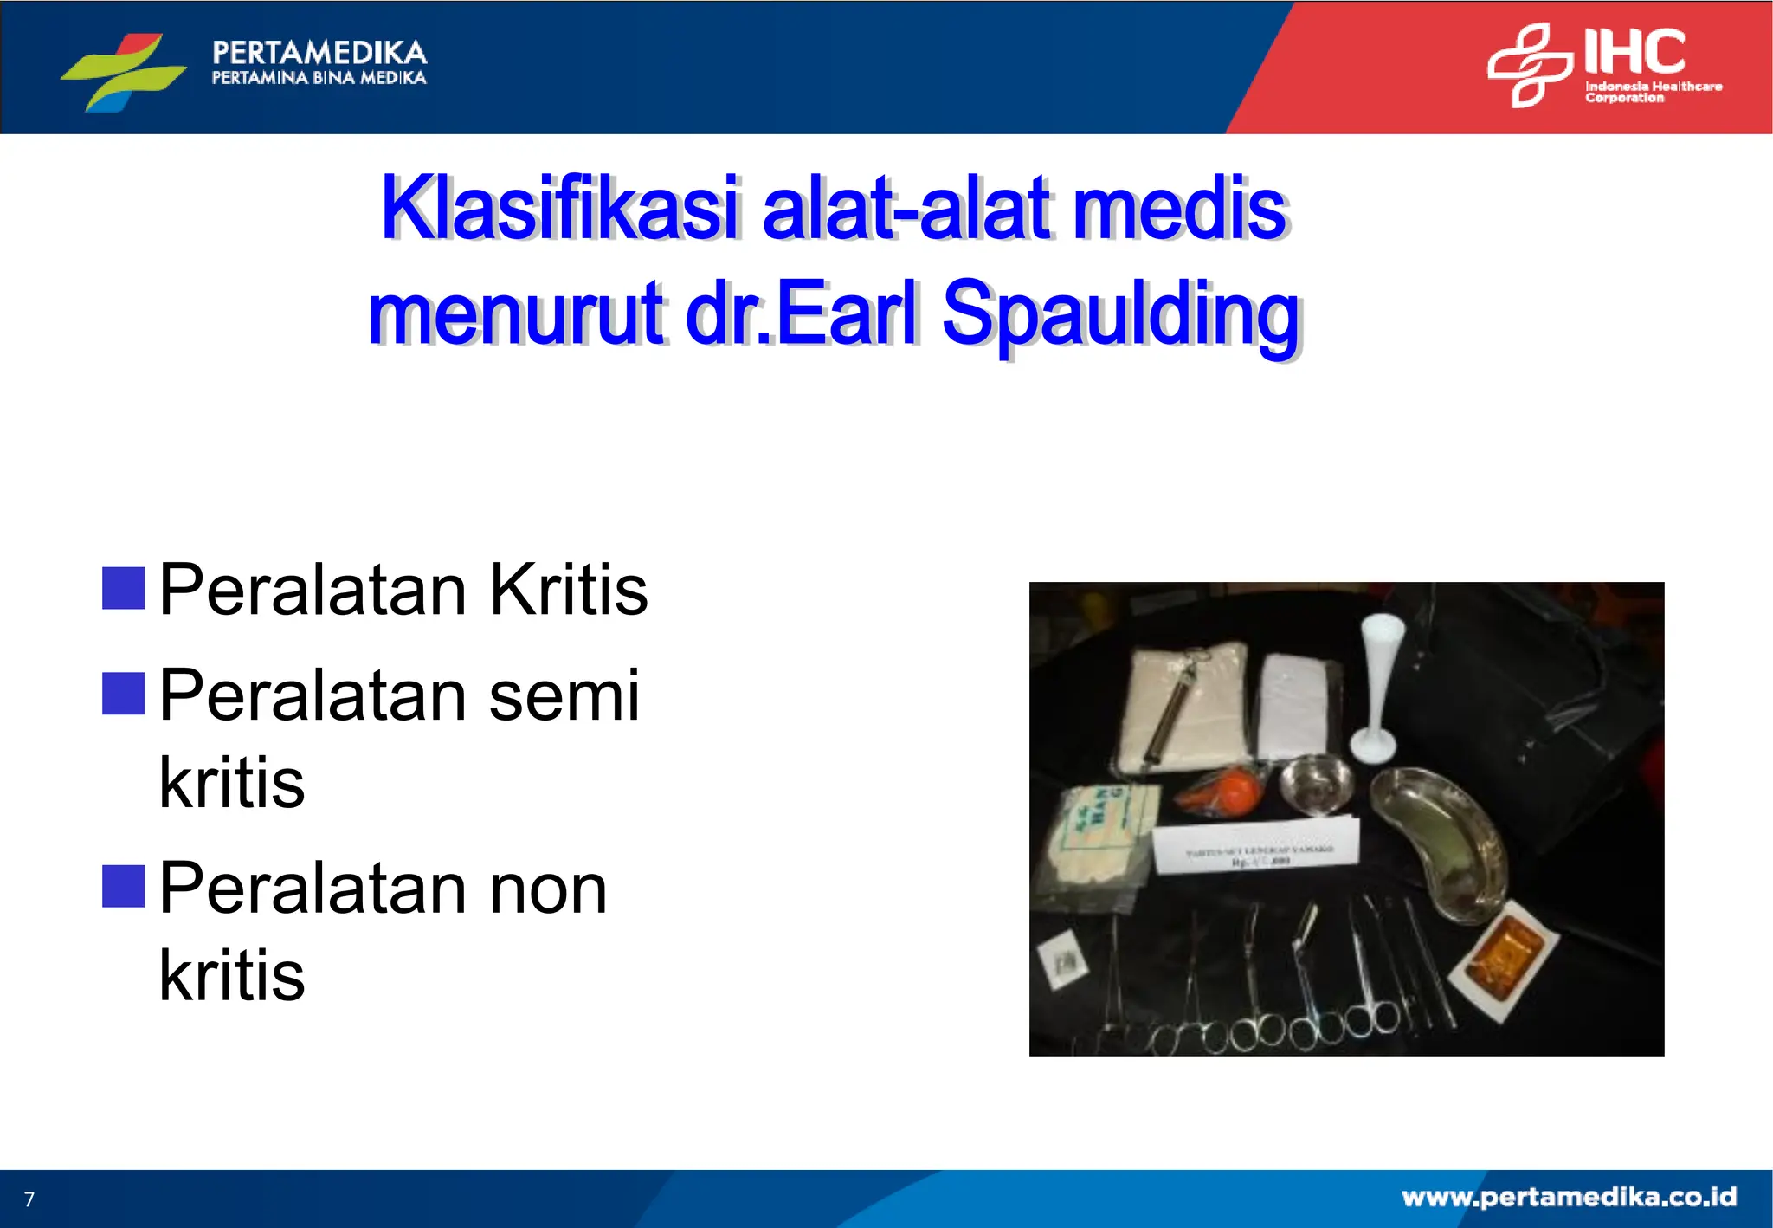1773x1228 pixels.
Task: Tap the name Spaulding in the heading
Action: point(1121,313)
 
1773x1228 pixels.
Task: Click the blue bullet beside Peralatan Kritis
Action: point(123,589)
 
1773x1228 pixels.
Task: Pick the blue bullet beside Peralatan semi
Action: point(123,694)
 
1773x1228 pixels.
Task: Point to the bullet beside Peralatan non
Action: point(123,886)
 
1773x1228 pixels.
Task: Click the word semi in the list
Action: point(564,695)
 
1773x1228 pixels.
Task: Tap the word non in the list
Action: point(548,889)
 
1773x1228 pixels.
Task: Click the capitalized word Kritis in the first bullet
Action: point(568,590)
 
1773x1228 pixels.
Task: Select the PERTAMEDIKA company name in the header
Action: point(319,53)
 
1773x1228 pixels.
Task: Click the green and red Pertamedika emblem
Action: point(124,72)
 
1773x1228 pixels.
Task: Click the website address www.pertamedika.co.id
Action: point(1569,1197)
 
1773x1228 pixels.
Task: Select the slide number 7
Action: point(29,1199)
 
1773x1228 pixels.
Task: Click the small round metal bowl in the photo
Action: point(1317,785)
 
